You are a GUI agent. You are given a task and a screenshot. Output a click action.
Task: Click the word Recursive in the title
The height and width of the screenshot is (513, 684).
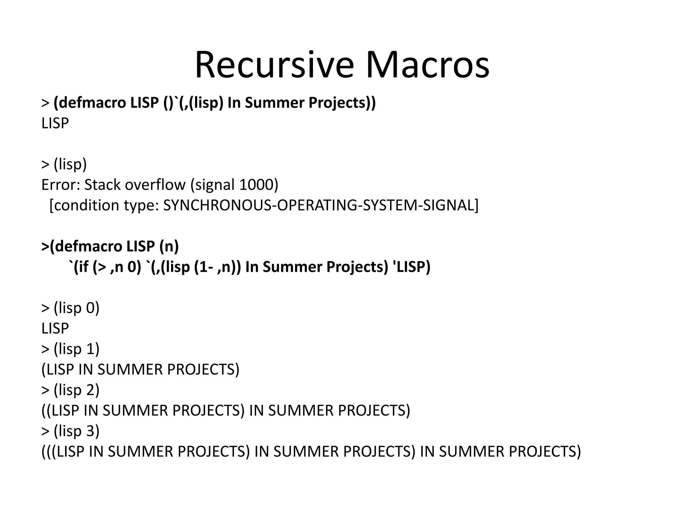tap(274, 65)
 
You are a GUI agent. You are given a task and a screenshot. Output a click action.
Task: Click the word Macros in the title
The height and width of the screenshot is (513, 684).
tap(427, 65)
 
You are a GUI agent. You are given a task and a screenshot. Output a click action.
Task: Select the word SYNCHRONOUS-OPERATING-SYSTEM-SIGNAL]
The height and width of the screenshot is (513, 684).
tap(321, 205)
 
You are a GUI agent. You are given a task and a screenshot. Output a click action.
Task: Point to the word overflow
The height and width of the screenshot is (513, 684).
tap(155, 184)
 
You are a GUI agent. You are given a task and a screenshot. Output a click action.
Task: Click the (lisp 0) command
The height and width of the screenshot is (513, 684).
tap(76, 308)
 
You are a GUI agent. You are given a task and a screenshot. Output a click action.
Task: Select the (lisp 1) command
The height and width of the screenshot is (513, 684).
tap(76, 349)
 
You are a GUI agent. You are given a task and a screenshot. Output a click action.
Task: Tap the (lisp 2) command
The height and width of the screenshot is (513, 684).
tap(76, 390)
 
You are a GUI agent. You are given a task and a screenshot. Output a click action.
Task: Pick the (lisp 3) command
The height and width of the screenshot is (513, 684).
tap(76, 431)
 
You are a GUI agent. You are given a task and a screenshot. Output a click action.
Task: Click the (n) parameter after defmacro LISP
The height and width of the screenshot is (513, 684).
tap(169, 246)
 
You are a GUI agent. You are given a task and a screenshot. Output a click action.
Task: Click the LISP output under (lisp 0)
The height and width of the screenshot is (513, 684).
tap(55, 328)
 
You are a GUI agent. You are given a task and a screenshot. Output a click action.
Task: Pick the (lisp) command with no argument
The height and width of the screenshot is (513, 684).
tap(70, 164)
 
